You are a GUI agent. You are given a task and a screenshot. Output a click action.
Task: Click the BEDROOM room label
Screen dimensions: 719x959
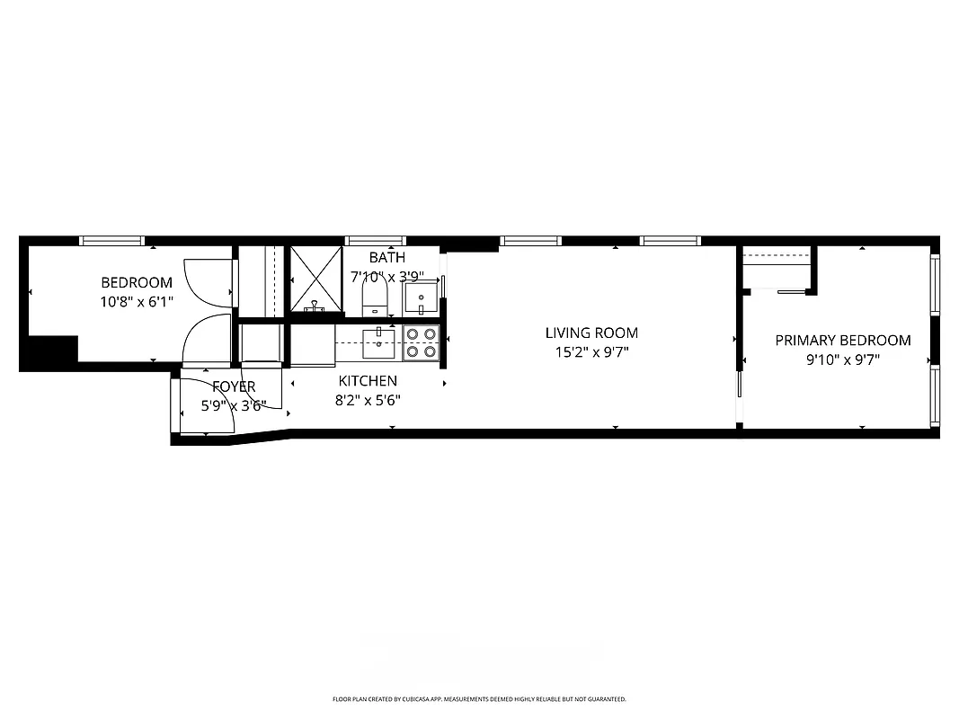pyautogui.click(x=136, y=282)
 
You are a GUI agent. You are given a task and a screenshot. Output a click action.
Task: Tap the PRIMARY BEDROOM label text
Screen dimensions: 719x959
pyautogui.click(x=842, y=341)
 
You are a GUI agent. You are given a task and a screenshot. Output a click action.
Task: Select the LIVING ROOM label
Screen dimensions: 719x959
pyautogui.click(x=590, y=333)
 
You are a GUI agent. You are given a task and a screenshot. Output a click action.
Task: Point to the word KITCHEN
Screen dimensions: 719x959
pyautogui.click(x=368, y=381)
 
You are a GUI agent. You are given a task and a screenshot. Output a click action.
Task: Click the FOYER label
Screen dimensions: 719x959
pyautogui.click(x=234, y=386)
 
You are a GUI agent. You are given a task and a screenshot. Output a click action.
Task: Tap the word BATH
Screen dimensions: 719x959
pyautogui.click(x=386, y=258)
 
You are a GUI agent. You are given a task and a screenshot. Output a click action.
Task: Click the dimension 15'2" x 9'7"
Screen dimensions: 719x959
pyautogui.click(x=590, y=352)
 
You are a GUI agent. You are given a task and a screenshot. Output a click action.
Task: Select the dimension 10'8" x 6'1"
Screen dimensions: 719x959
pyautogui.click(x=136, y=302)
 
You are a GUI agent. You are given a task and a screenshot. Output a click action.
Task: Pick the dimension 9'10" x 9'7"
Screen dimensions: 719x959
pyautogui.click(x=842, y=359)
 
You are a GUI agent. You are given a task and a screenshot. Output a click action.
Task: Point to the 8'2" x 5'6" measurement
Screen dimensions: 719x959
pyautogui.click(x=368, y=400)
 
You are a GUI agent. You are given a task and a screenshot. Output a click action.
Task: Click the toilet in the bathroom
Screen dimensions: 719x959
pyautogui.click(x=373, y=294)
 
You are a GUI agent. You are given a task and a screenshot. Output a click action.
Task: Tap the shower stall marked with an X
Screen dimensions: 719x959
pyautogui.click(x=315, y=280)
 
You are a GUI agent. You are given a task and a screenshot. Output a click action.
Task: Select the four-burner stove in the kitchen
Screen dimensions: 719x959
pyautogui.click(x=421, y=342)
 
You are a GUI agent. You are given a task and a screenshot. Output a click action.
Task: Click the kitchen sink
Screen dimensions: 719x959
pyautogui.click(x=379, y=338)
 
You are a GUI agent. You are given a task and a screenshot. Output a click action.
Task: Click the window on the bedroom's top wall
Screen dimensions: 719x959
pyautogui.click(x=111, y=240)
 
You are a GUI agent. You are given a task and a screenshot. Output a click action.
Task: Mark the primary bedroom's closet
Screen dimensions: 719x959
pyautogui.click(x=777, y=269)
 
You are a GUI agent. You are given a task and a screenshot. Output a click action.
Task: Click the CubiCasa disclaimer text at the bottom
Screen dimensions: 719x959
pyautogui.click(x=479, y=698)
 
